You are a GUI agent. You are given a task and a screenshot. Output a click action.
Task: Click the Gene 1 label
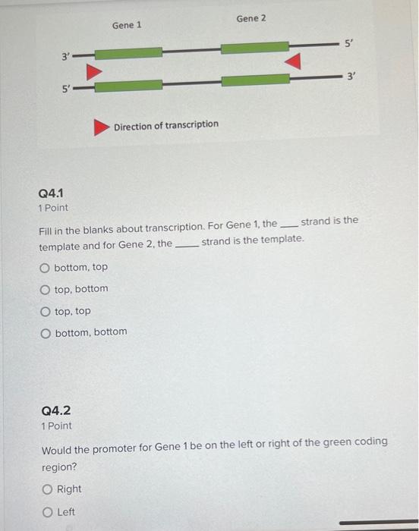click(x=127, y=25)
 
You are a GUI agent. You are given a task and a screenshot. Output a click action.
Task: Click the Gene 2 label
click(x=251, y=17)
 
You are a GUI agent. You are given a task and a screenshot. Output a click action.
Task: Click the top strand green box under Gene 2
click(x=254, y=48)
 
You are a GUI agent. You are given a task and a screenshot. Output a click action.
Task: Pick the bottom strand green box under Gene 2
click(x=254, y=79)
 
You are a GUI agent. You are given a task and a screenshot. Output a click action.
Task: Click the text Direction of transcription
click(x=166, y=124)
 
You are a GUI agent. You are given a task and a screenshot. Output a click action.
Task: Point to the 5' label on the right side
click(x=348, y=43)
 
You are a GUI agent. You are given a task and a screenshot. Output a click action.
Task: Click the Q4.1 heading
click(x=51, y=193)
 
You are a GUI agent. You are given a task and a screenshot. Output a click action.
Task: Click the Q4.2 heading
click(x=55, y=410)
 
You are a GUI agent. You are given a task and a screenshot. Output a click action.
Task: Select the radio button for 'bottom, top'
click(x=46, y=267)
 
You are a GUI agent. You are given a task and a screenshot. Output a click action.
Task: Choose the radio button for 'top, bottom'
click(x=46, y=288)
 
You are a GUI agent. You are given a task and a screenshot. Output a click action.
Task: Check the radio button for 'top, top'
click(x=46, y=310)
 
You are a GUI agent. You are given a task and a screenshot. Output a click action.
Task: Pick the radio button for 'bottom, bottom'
click(x=46, y=332)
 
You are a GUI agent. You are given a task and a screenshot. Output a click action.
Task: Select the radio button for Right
click(x=47, y=489)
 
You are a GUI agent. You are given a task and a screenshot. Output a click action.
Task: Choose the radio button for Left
click(x=47, y=512)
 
